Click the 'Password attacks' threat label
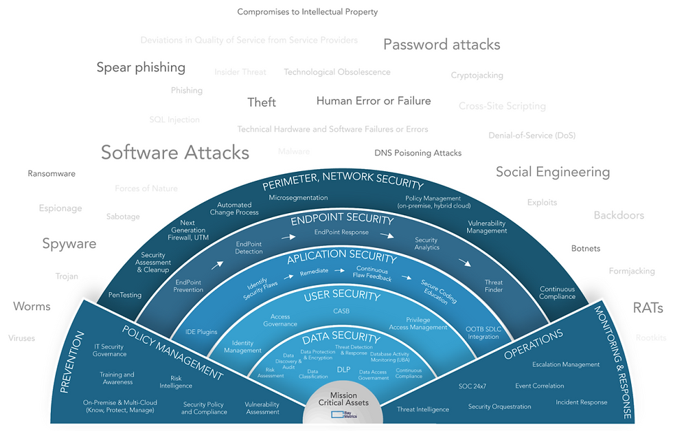(x=442, y=45)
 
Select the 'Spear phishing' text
(x=141, y=67)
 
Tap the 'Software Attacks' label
(x=175, y=152)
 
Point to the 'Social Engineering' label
(x=553, y=172)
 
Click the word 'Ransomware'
(x=52, y=174)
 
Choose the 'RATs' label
(x=647, y=308)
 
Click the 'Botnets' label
(x=586, y=249)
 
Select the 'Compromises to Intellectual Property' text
(x=308, y=12)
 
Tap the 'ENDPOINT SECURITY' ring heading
(x=342, y=221)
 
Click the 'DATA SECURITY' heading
(x=341, y=338)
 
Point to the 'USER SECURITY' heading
(x=342, y=296)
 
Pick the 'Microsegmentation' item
(x=298, y=198)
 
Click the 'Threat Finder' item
(x=494, y=286)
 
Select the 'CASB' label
(x=341, y=311)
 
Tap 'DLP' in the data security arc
(x=343, y=369)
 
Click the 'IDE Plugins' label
(x=201, y=332)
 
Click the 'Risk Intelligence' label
(x=176, y=382)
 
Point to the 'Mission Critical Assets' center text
(x=343, y=399)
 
